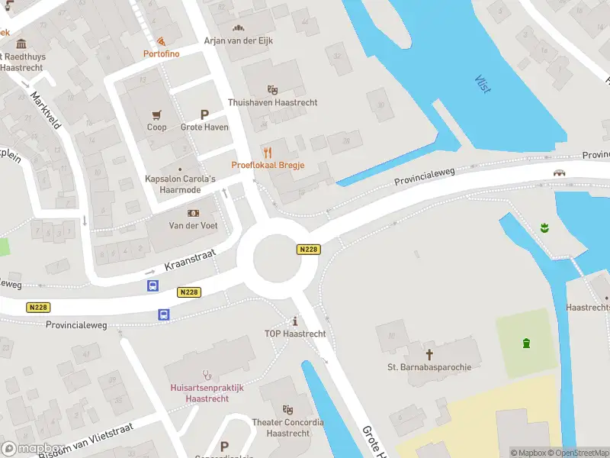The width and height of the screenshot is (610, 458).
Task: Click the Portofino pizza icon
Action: pos(160,40)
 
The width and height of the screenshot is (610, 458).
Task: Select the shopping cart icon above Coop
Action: pos(156,114)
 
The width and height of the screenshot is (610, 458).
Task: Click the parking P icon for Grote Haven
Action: pos(204,114)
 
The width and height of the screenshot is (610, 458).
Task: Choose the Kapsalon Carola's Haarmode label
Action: pos(181,184)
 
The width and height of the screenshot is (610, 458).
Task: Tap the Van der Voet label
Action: pos(193,225)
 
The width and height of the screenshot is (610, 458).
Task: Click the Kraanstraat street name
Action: pos(191,261)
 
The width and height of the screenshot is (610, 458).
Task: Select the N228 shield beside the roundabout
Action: pos(308,250)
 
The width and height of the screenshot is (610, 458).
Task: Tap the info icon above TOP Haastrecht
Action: pos(295,321)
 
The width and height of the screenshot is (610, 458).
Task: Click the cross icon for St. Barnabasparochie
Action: pos(429,354)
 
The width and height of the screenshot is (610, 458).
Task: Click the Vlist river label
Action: pos(482,84)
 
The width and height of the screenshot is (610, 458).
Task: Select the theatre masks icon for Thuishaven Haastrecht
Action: pos(272,90)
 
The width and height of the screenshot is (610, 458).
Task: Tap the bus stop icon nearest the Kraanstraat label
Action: pos(152,286)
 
